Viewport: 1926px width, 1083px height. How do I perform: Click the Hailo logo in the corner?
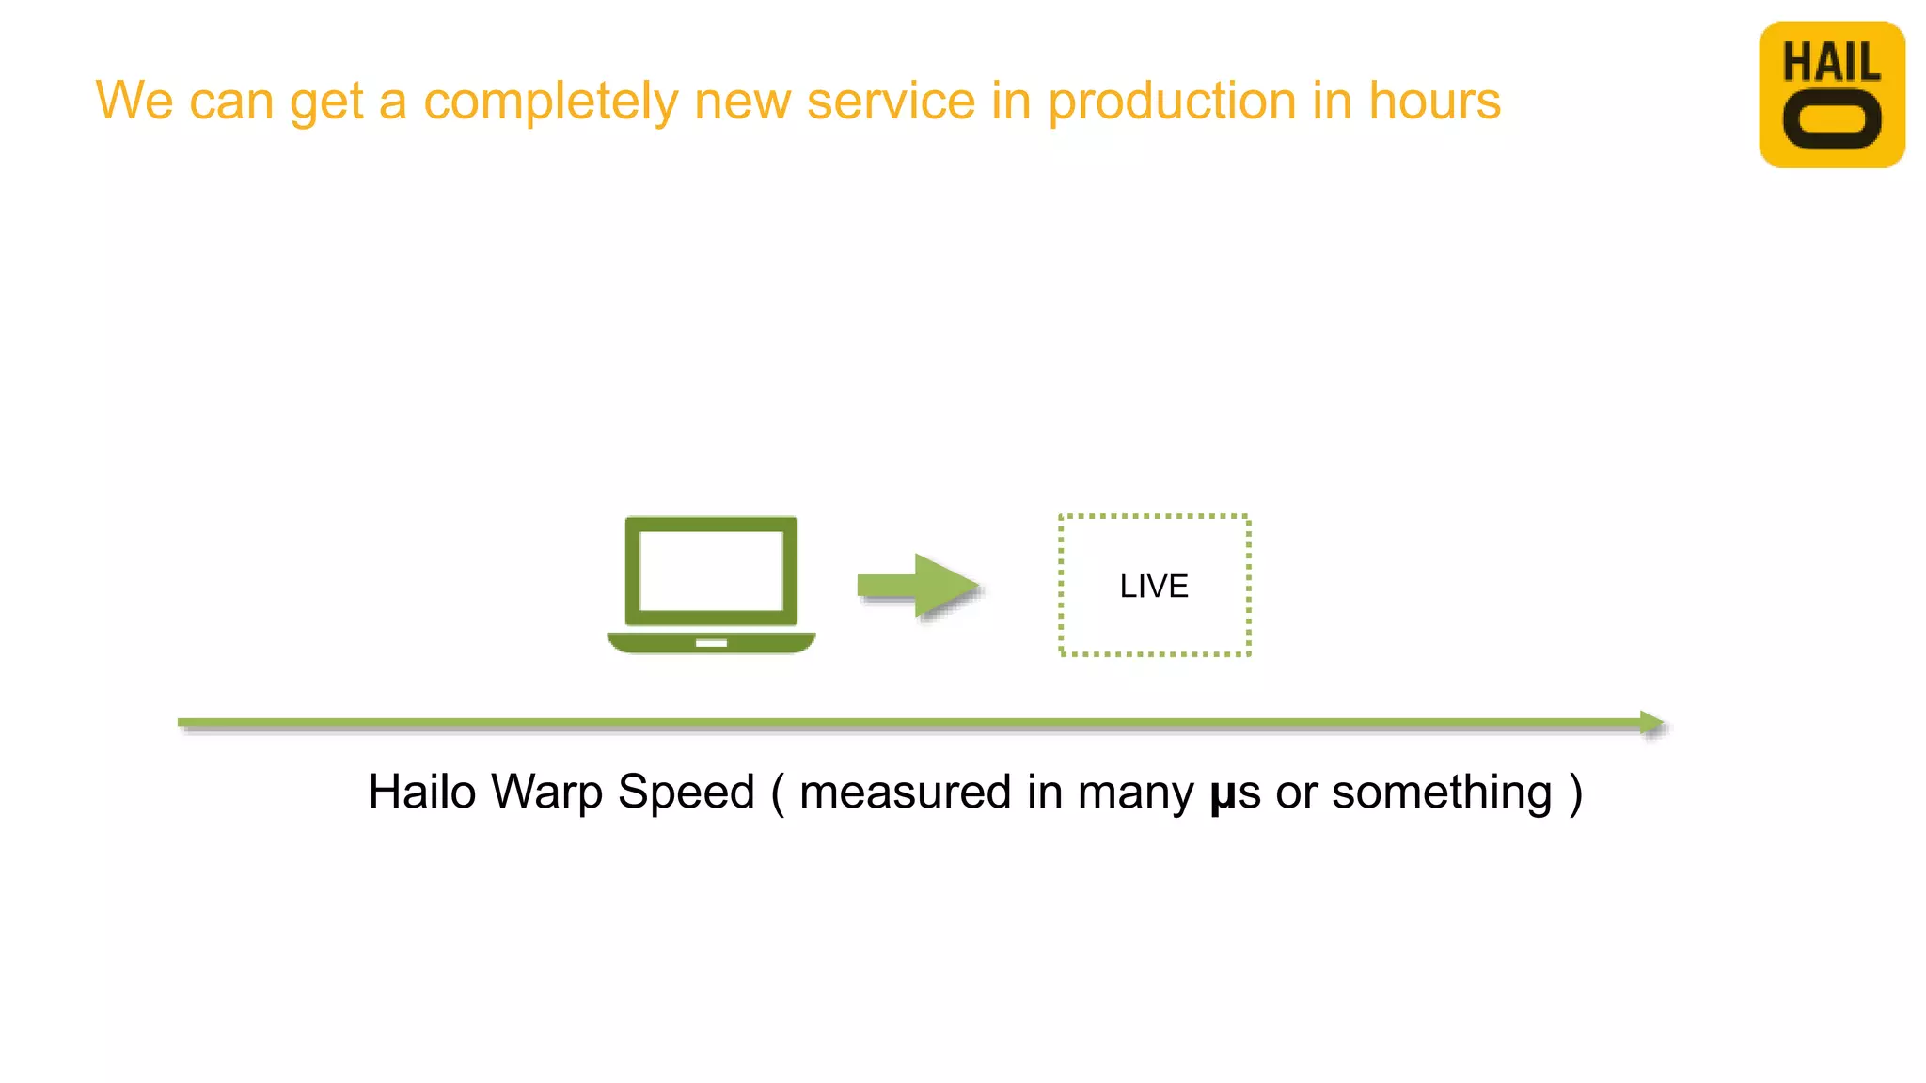click(1831, 94)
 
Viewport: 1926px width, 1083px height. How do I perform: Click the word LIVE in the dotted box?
click(1154, 587)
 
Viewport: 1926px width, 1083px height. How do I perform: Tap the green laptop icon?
click(711, 585)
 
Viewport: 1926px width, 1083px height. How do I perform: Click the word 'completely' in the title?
click(550, 102)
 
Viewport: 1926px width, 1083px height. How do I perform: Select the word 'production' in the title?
click(1172, 102)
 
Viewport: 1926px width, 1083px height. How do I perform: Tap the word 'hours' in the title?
click(1434, 101)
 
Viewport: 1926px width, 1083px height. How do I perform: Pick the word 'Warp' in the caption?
click(546, 793)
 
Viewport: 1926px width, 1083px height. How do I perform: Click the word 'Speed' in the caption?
click(686, 792)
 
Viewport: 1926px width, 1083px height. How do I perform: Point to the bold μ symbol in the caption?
click(1222, 795)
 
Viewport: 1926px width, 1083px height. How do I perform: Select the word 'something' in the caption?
click(1442, 793)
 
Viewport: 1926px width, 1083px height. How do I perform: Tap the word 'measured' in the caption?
click(905, 792)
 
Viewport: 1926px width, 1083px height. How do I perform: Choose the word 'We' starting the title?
click(134, 101)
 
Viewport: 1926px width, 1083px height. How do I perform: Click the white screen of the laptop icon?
click(711, 571)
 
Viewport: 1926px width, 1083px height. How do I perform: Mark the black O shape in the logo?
click(1832, 120)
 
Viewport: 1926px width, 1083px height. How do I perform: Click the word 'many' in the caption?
click(1135, 793)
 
